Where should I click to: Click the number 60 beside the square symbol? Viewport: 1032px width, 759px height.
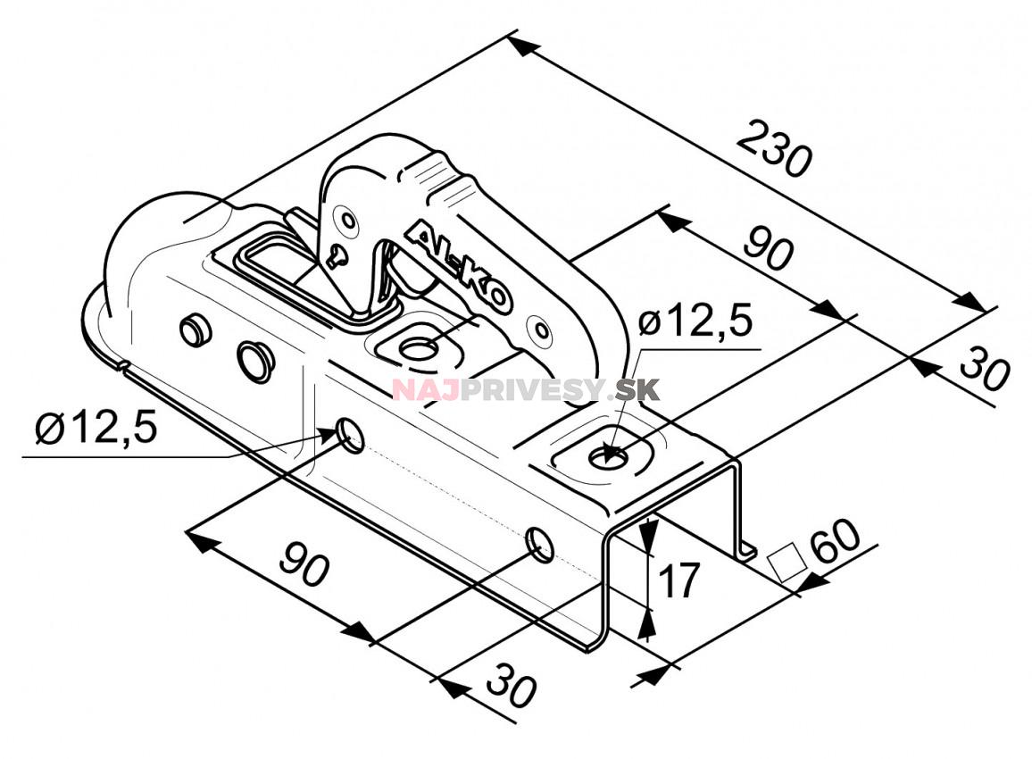click(x=835, y=541)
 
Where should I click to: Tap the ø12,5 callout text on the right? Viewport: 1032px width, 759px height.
click(x=696, y=321)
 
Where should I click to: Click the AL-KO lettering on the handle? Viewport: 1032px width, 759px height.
click(x=458, y=268)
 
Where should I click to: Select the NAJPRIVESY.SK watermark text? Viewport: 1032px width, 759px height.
click(x=526, y=390)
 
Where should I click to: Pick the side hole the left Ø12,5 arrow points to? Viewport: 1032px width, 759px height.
click(x=350, y=437)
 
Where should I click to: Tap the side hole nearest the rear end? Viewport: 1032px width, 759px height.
click(x=540, y=543)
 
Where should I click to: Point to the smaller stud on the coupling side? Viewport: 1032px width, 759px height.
click(x=193, y=330)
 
